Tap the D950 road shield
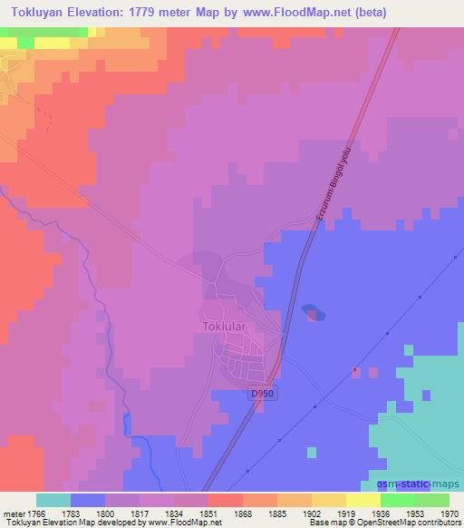pos(262,393)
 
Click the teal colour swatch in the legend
pos(53,500)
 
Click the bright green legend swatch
pos(397,500)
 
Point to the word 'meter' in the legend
pos(14,513)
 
